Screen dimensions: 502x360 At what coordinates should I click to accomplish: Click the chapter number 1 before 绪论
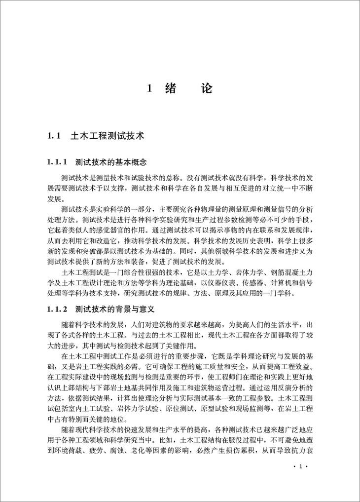(150, 89)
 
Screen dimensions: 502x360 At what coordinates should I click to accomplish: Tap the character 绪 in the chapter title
(172, 89)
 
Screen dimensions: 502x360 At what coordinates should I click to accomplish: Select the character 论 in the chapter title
(206, 89)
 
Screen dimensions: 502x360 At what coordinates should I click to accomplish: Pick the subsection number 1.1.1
(57, 162)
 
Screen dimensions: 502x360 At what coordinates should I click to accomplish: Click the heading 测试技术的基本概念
(112, 162)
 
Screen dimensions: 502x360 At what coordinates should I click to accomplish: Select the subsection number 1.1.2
(57, 310)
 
